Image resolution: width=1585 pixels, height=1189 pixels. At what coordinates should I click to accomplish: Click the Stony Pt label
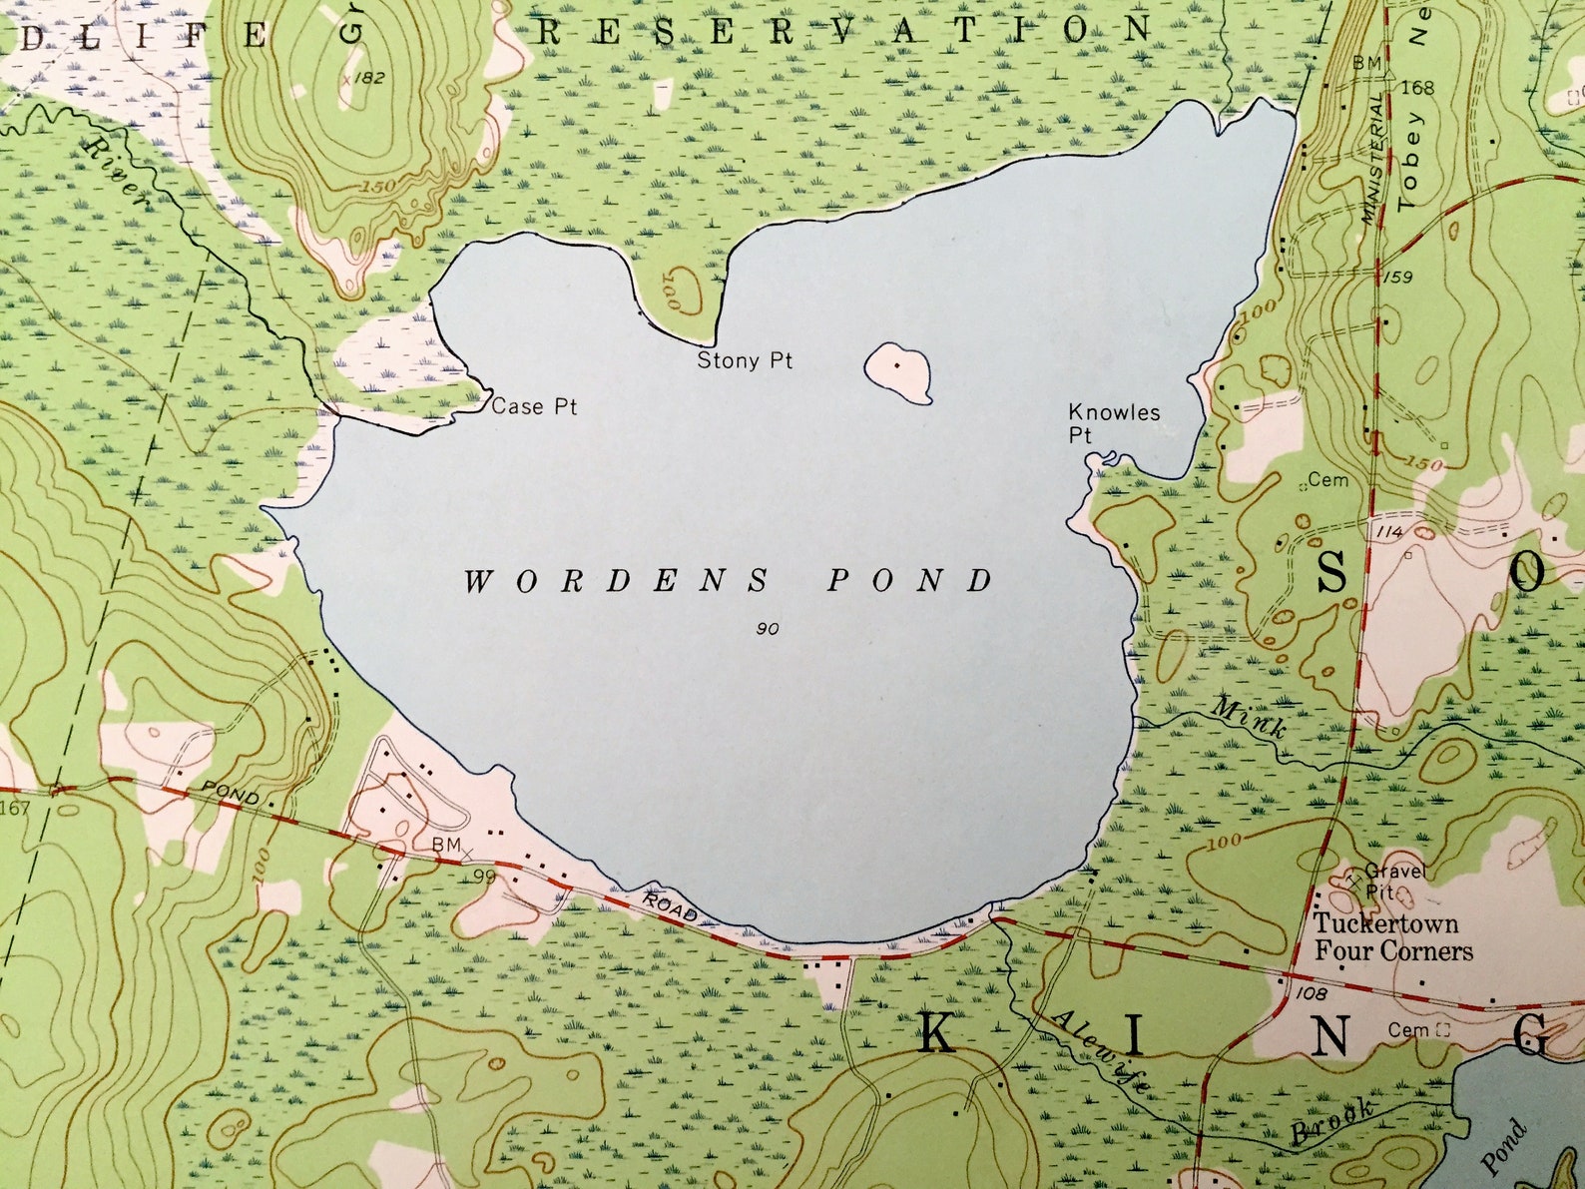[745, 360]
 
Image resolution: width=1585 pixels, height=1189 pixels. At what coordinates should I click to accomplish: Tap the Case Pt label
[534, 406]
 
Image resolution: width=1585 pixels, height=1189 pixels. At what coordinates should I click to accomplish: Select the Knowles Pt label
[1112, 422]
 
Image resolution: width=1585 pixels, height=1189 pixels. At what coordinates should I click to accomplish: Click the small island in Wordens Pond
[898, 370]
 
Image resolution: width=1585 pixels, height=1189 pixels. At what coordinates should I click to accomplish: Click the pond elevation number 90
[768, 628]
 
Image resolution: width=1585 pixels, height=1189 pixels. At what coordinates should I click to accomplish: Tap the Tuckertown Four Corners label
[1391, 936]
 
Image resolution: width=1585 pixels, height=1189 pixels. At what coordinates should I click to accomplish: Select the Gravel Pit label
[1393, 881]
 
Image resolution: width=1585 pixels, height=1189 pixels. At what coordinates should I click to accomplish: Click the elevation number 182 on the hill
[369, 77]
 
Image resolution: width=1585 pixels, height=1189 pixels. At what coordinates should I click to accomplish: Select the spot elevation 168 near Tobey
[1417, 88]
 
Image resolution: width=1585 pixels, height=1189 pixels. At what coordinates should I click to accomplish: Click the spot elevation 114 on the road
[1389, 531]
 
